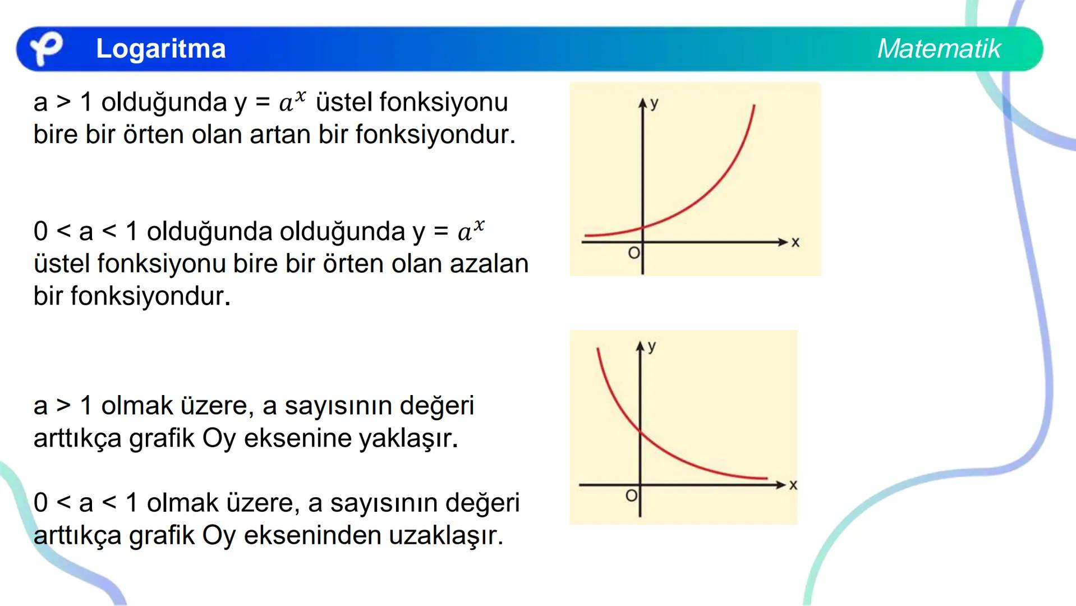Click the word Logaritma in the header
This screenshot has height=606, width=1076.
point(160,49)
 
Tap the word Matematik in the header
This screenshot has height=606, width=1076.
point(939,49)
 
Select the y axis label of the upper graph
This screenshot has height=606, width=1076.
point(654,103)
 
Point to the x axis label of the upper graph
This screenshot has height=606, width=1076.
point(795,242)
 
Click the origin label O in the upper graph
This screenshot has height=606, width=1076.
point(633,253)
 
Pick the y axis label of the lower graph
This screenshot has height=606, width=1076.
point(651,346)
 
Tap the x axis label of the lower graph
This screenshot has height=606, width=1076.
point(793,485)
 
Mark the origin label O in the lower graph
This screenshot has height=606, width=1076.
point(631,495)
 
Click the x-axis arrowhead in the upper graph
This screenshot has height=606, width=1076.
point(783,242)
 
